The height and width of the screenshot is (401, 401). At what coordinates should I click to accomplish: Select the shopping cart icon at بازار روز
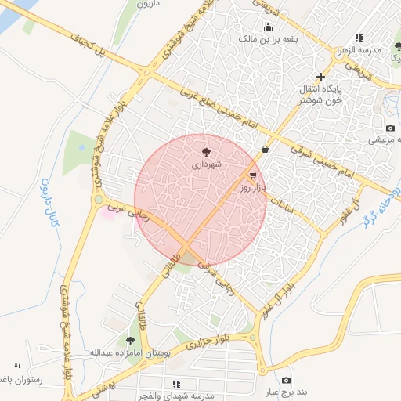(252, 175)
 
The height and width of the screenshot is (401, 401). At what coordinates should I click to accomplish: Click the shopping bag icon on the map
(265, 148)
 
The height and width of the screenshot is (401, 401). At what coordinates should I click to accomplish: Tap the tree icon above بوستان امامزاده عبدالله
(129, 340)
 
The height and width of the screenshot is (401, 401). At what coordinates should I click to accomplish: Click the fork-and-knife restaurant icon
(18, 367)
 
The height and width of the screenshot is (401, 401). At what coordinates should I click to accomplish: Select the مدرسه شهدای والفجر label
(177, 395)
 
